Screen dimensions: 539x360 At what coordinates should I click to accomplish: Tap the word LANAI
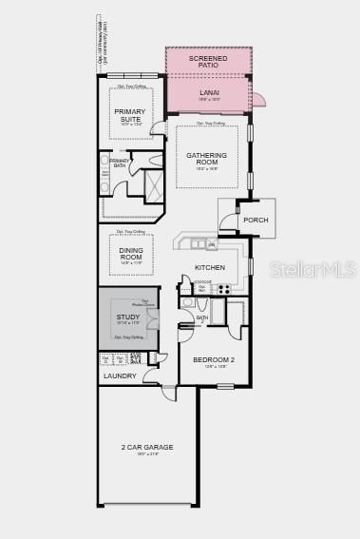[x=209, y=92]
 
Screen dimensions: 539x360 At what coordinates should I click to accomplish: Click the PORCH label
[x=256, y=221]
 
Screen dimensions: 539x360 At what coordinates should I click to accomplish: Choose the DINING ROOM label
[x=131, y=254]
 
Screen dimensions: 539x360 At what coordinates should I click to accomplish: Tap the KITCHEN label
[x=210, y=268]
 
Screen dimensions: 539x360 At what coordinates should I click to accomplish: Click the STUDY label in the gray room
[x=128, y=317]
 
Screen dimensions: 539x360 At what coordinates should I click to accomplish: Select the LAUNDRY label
[x=120, y=375]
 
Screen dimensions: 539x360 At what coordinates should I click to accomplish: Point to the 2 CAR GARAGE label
[x=147, y=447]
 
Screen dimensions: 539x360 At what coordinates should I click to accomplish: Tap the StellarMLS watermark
[x=315, y=270]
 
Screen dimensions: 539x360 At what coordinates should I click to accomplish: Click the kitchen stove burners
[x=224, y=288]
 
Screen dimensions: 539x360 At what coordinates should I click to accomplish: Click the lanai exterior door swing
[x=258, y=98]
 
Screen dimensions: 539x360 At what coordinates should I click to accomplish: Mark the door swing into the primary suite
[x=158, y=128]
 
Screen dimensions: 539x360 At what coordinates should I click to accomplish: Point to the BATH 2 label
[x=201, y=319]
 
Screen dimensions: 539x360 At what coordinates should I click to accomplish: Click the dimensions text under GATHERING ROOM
[x=208, y=169]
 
